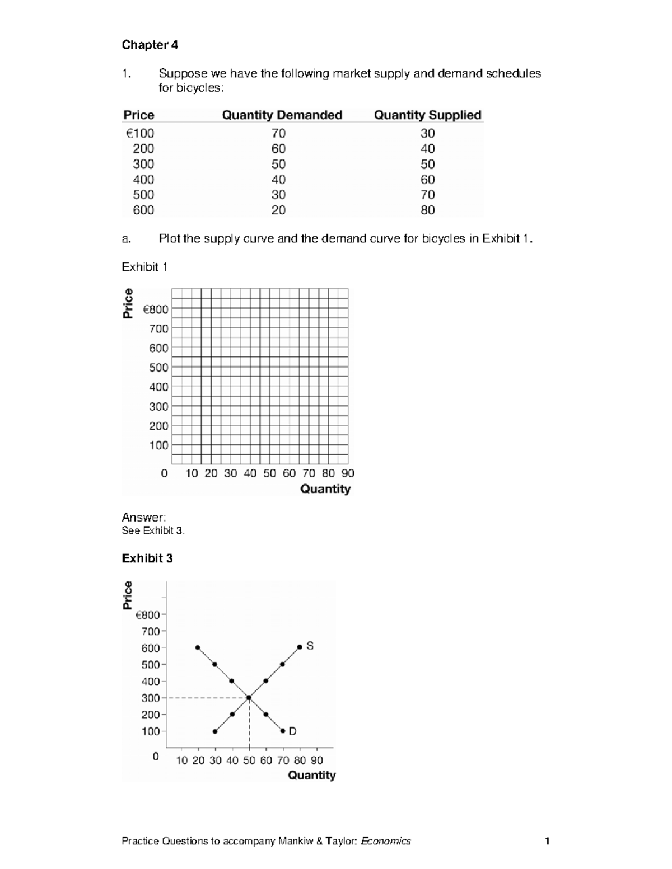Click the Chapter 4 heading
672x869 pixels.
point(150,45)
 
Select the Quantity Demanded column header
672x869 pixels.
point(282,115)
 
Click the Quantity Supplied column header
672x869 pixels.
point(427,115)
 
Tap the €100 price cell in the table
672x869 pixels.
point(139,133)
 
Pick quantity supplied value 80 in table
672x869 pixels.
point(427,210)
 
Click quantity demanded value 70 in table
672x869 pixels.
point(278,133)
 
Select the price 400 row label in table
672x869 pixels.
point(143,180)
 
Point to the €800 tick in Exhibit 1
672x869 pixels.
point(156,309)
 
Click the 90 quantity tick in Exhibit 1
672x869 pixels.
point(348,473)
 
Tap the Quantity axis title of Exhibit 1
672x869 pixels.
point(325,488)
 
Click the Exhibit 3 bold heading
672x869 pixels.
point(147,558)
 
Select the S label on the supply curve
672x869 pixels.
point(310,646)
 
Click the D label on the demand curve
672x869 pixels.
point(292,731)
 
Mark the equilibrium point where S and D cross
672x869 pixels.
point(249,697)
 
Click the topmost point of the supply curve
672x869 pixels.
point(300,647)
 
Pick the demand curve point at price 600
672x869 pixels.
point(198,647)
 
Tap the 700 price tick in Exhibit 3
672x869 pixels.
point(151,631)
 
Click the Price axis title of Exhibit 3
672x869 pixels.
point(128,595)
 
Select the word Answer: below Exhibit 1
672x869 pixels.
point(143,517)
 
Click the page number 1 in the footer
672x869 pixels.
point(547,841)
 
